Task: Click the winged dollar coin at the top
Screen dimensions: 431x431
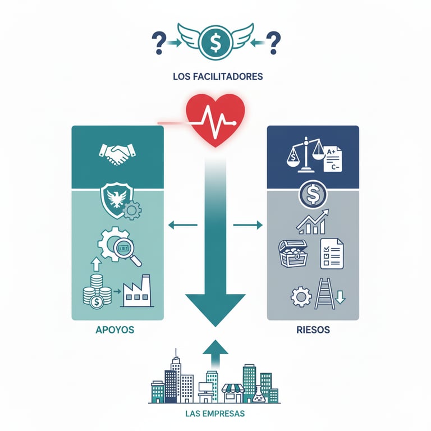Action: tap(215, 41)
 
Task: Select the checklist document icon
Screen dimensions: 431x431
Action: tap(332, 253)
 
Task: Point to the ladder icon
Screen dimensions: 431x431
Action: tap(325, 294)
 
